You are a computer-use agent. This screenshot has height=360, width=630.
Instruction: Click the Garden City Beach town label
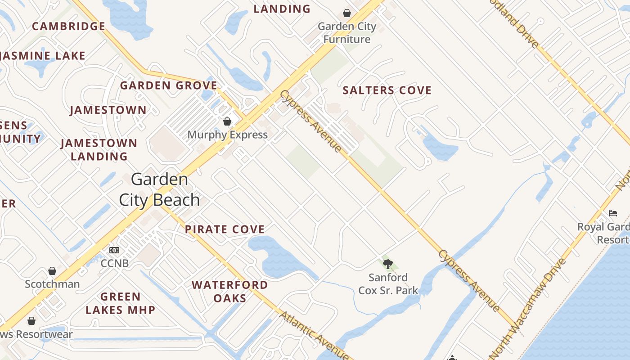pos(159,189)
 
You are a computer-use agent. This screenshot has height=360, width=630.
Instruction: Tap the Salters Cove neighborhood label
pos(387,90)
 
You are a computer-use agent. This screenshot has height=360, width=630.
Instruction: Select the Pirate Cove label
pos(225,229)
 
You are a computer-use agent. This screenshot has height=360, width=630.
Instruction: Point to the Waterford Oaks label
pos(229,291)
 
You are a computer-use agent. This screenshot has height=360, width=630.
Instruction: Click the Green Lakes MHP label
pos(120,303)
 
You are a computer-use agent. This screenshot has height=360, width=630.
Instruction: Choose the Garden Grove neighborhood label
pos(169,85)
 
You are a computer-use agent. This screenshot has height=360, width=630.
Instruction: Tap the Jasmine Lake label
pos(44,56)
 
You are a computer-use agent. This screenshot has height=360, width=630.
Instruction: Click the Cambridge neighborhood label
pos(69,26)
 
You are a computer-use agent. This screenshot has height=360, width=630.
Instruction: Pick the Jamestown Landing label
pos(99,149)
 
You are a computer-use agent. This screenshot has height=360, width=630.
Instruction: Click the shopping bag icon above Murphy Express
pos(227,121)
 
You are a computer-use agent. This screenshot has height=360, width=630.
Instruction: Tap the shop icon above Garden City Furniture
pos(347,13)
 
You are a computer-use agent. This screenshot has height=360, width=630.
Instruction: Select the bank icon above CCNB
pos(114,250)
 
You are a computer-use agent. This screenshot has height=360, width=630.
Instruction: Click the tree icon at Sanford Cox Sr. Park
pos(388,264)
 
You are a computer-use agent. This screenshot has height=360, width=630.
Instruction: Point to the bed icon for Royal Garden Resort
pos(613,213)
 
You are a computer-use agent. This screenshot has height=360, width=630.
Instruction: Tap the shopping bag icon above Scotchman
pos(52,271)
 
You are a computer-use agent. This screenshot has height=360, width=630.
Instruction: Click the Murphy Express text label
pos(227,135)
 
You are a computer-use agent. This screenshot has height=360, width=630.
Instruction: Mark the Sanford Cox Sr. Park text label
pos(388,284)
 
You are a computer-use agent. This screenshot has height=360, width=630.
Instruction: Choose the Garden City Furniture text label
pos(347,33)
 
